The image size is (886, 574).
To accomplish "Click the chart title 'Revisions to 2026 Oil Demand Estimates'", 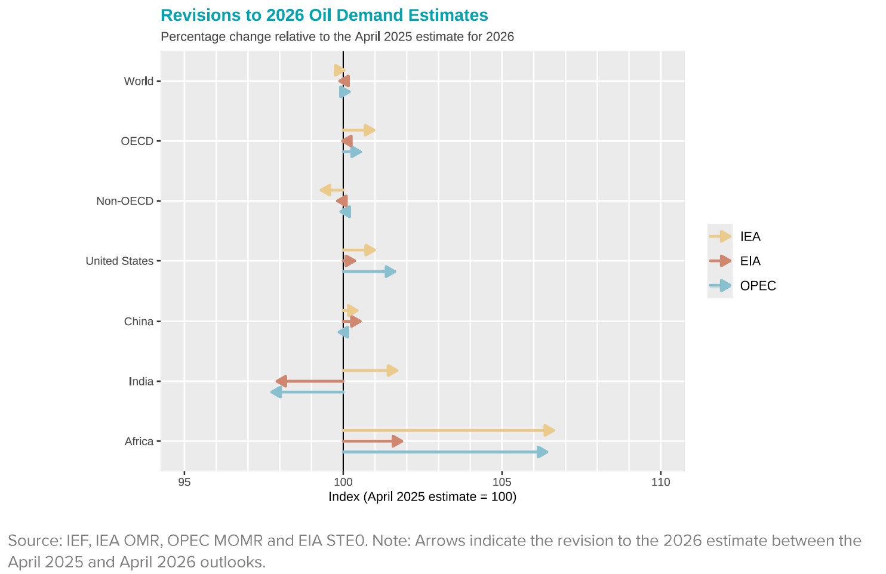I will (x=324, y=16).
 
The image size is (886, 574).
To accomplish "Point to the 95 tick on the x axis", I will (x=184, y=482).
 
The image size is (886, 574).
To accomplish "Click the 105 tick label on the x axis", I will (x=502, y=482).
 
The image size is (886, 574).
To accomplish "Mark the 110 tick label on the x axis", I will (x=660, y=482).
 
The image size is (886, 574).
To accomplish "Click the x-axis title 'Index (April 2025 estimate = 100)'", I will (x=422, y=497).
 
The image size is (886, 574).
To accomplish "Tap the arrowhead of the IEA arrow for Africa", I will (x=549, y=431).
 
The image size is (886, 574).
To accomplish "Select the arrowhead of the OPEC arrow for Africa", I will (x=542, y=452).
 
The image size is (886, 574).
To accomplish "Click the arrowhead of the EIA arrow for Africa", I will (x=397, y=442).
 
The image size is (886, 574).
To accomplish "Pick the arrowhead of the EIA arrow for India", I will (x=281, y=381).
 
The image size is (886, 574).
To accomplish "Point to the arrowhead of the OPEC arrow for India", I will (x=276, y=392).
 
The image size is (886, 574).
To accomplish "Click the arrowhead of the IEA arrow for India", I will (x=392, y=371).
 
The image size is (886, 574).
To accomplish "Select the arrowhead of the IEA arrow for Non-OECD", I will (x=325, y=190).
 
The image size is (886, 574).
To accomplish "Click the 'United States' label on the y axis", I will (x=119, y=261).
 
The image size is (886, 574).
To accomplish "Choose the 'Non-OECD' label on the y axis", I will (x=125, y=201).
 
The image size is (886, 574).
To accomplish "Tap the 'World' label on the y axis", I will (x=139, y=81).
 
